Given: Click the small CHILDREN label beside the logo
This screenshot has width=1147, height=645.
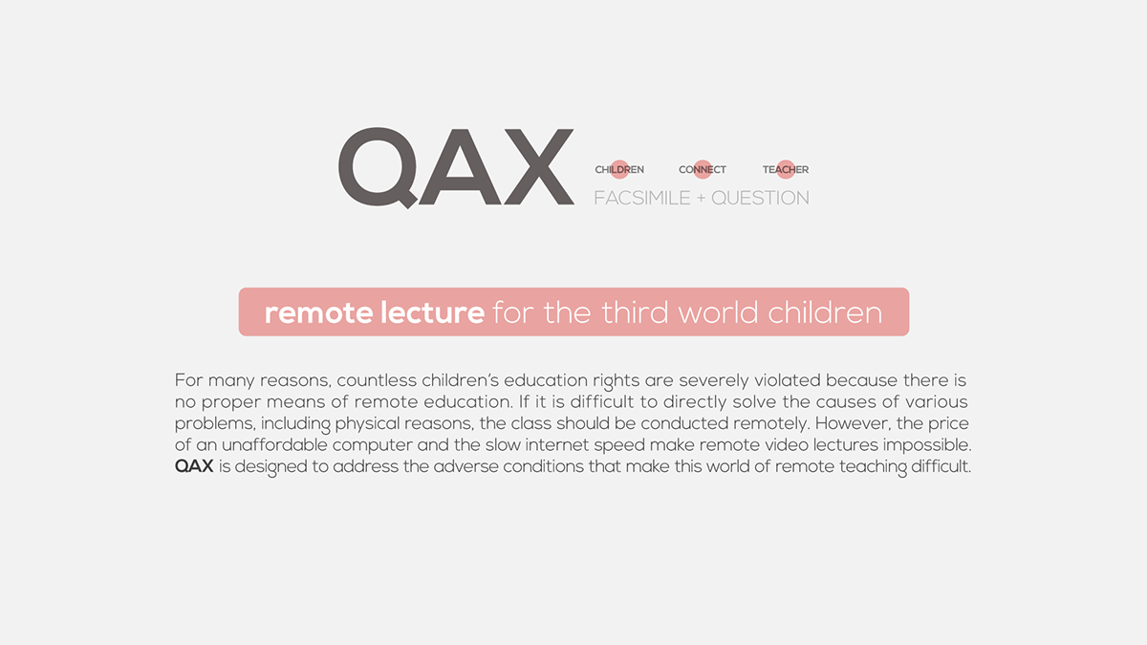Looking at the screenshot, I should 619,170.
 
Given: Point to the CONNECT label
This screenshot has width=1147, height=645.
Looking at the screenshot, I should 703,170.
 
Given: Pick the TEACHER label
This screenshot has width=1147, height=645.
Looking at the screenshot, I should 786,170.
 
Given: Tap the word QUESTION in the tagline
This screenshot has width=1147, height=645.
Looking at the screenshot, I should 760,198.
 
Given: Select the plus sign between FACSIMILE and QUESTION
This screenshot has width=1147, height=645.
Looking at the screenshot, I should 699,198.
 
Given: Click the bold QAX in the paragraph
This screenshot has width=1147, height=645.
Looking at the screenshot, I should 193,467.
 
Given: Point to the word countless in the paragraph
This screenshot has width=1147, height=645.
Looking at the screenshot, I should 377,380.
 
